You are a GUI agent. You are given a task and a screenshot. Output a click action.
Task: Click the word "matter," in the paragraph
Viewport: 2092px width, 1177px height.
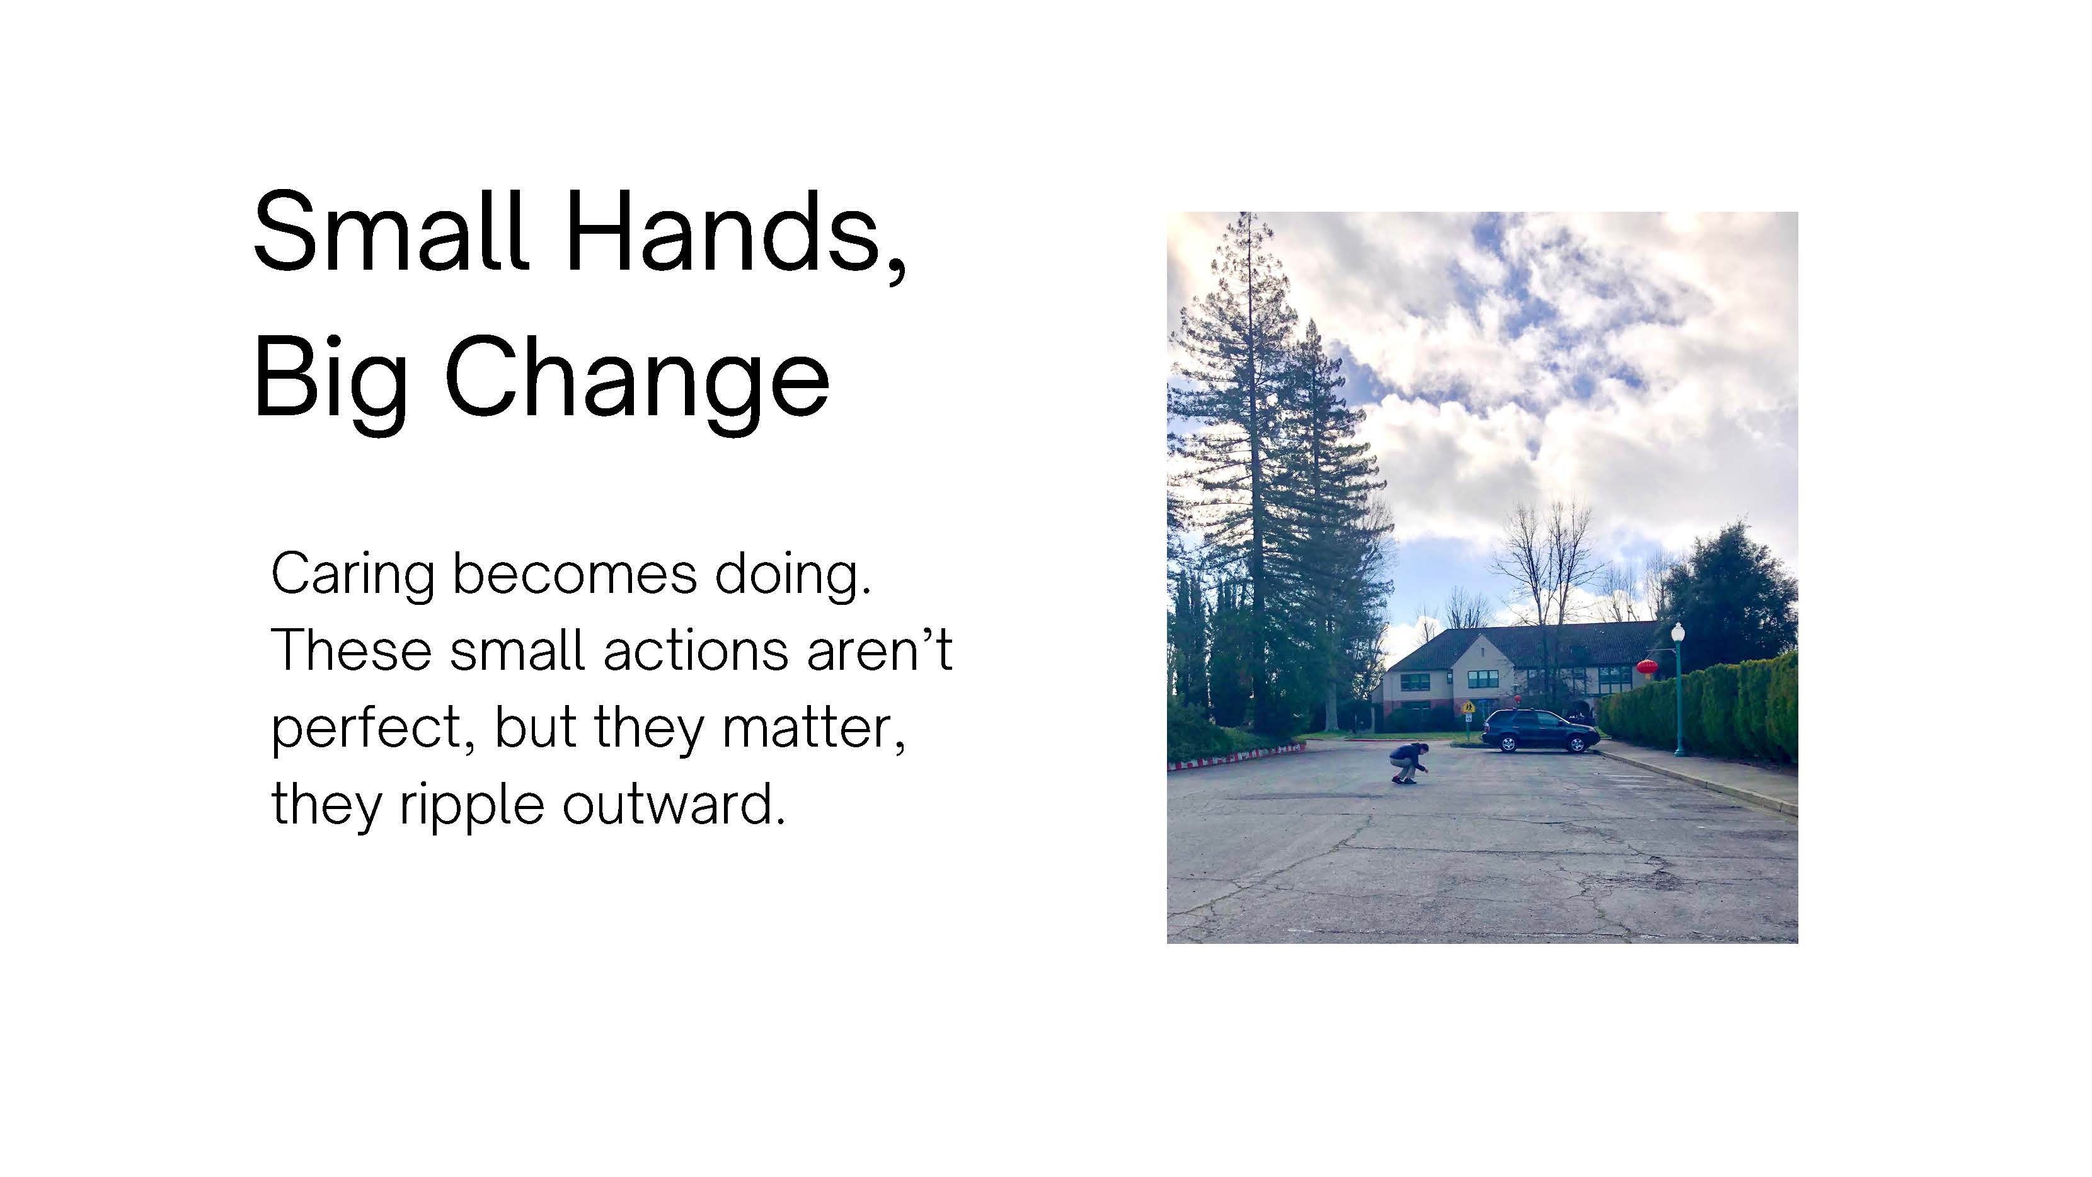(813, 727)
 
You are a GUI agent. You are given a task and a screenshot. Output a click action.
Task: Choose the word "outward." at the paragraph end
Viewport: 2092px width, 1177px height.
(674, 803)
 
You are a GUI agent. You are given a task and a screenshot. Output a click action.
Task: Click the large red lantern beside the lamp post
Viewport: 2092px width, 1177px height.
(1646, 668)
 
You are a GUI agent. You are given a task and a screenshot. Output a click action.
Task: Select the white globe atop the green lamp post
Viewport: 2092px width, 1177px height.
(1678, 631)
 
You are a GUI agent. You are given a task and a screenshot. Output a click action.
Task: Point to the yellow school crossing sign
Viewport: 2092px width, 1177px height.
(1468, 708)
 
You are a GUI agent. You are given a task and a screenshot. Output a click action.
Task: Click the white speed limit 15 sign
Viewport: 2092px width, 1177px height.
(1468, 718)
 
